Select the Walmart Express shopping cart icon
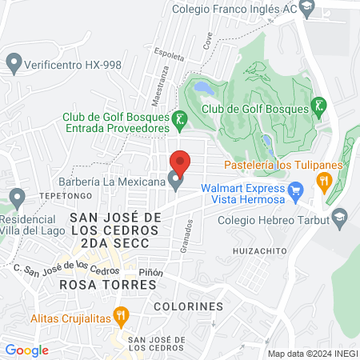(x=297, y=190)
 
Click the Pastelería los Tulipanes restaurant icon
(x=324, y=182)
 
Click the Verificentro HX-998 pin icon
(x=13, y=62)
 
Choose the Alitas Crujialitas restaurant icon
(x=121, y=316)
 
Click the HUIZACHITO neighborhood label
(x=258, y=251)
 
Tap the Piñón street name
(x=150, y=272)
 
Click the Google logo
(x=26, y=350)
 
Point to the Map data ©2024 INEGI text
(x=311, y=354)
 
